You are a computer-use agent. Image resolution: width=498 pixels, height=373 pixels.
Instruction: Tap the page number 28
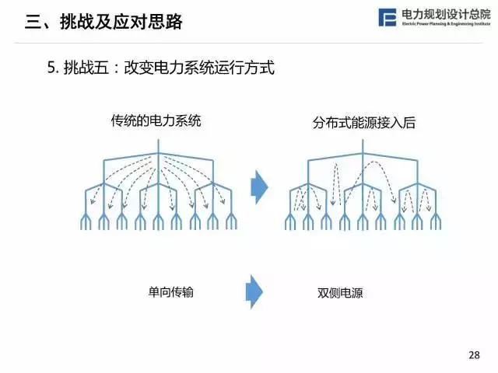pos(475,354)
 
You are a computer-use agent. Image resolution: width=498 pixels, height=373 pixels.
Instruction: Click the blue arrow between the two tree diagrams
pos(259,186)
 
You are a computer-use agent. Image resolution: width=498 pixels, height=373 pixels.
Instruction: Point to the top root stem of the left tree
pos(159,147)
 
